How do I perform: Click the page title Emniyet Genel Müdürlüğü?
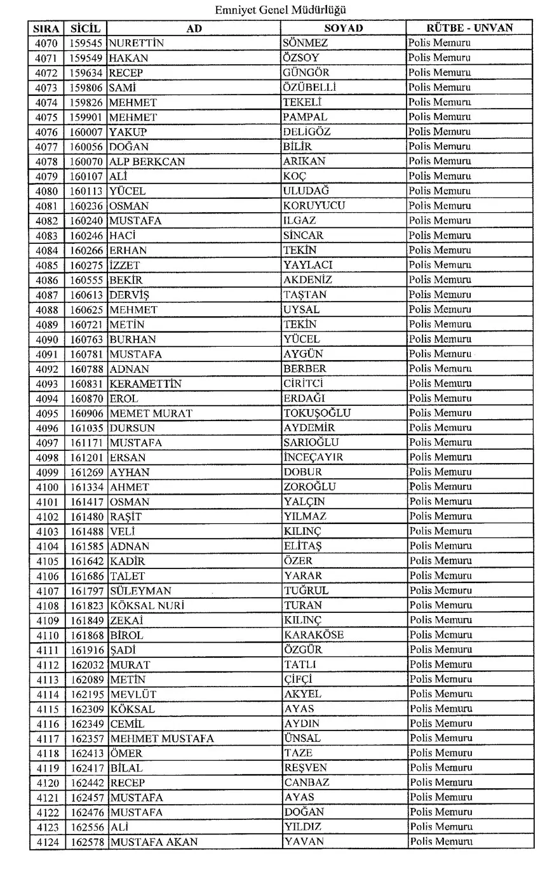(280, 10)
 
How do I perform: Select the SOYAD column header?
(343, 28)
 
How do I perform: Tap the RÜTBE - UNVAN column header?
(469, 28)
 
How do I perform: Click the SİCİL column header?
(86, 28)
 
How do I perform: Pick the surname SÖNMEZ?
(306, 43)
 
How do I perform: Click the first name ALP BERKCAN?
(147, 161)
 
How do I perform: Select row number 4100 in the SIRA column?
(47, 487)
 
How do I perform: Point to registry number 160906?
(86, 413)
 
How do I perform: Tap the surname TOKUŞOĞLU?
(317, 413)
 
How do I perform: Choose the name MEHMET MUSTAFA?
(162, 739)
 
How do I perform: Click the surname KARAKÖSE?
(314, 635)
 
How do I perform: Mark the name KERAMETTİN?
(145, 384)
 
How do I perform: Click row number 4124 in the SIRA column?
(47, 842)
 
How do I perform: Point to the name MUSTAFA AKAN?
(154, 842)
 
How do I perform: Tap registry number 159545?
(86, 43)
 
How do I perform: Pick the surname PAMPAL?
(306, 117)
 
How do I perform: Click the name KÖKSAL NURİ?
(147, 605)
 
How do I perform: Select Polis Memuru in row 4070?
(440, 43)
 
